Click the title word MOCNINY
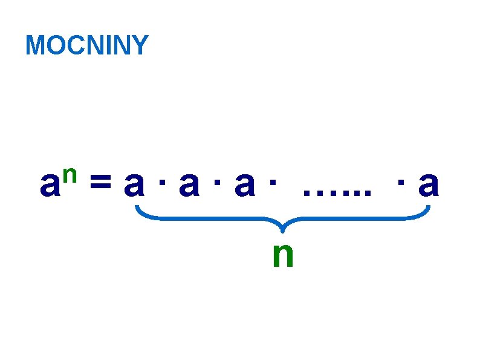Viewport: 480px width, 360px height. point(87,46)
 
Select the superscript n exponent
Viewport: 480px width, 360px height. point(68,174)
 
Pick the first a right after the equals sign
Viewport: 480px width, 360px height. point(134,186)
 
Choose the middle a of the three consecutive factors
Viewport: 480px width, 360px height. point(189,186)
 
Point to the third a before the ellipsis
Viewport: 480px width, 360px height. point(244,186)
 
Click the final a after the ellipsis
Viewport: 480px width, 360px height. point(428,186)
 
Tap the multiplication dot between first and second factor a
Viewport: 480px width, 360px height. point(161,182)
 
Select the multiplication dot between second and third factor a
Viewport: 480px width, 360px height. point(216,182)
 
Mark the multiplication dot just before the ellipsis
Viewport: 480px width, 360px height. point(272,182)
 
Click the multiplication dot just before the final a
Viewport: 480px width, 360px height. point(401,182)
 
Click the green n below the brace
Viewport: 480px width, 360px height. point(283,255)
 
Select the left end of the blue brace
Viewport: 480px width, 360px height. point(137,209)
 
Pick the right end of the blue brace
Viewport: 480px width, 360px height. point(428,209)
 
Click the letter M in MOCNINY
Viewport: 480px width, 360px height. point(35,46)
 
